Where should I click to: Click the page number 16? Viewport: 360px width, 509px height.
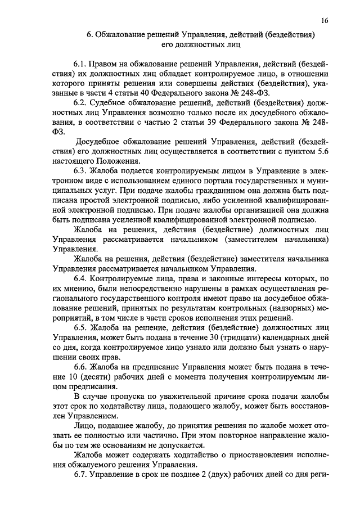(325, 20)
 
